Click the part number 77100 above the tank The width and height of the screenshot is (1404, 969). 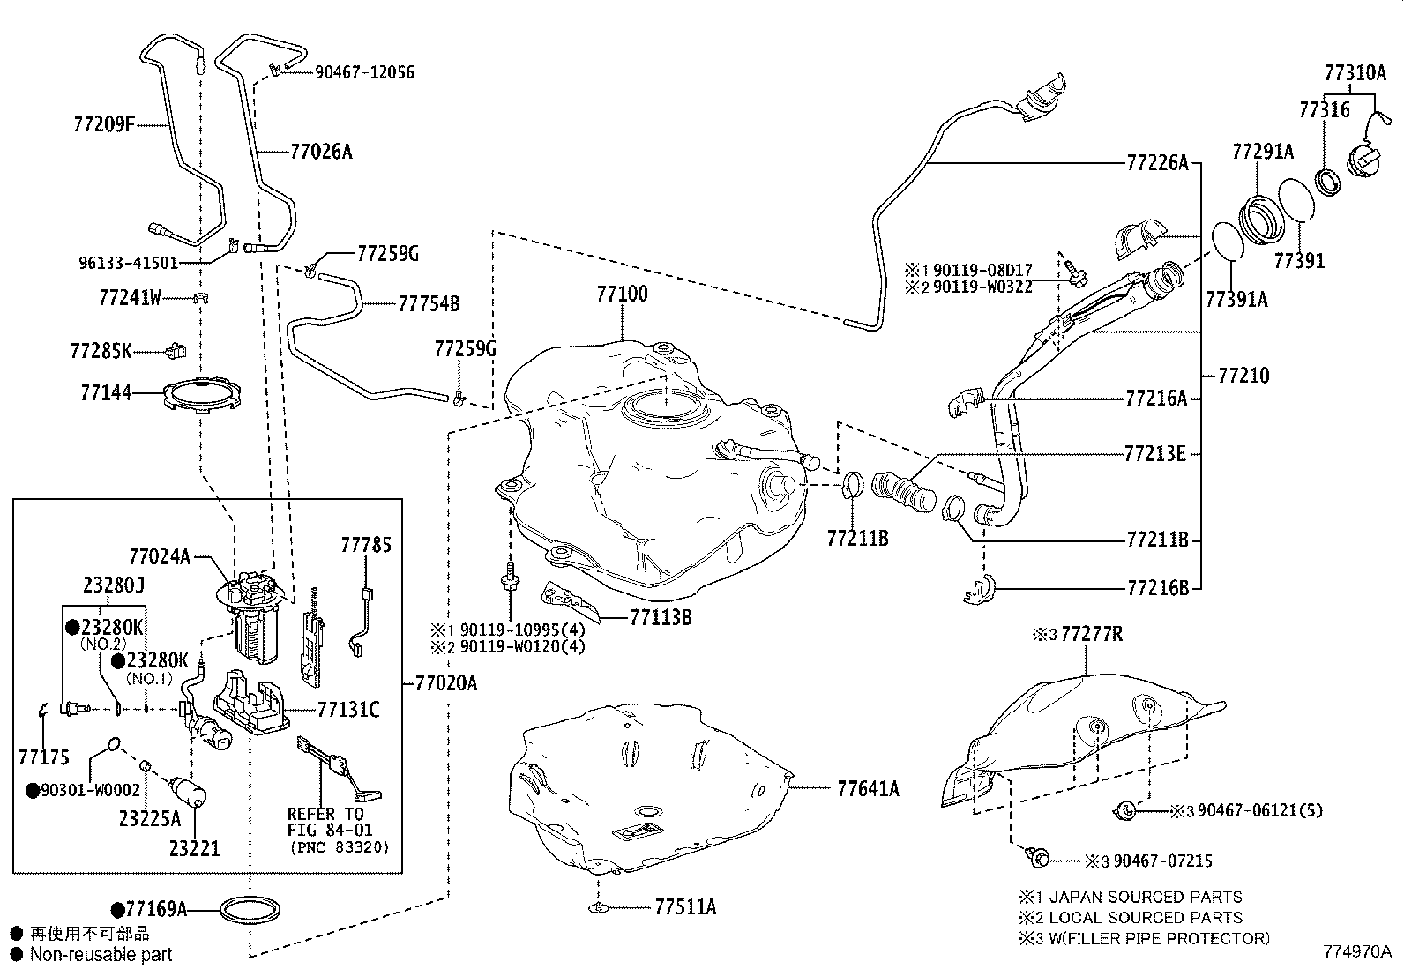(622, 294)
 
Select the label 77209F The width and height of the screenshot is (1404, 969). (103, 125)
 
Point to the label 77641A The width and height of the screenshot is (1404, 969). (868, 788)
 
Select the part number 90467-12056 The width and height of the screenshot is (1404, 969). (364, 72)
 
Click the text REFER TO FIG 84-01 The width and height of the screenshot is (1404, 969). (330, 822)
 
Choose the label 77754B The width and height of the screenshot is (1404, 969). (429, 304)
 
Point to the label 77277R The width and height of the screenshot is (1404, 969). (1091, 634)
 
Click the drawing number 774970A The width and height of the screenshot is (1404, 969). (1356, 951)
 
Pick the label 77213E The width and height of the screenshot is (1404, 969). (1155, 453)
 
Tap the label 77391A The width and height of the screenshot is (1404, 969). (1236, 300)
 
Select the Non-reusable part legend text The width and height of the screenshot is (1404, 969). (101, 954)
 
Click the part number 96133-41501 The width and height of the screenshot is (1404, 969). (128, 263)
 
